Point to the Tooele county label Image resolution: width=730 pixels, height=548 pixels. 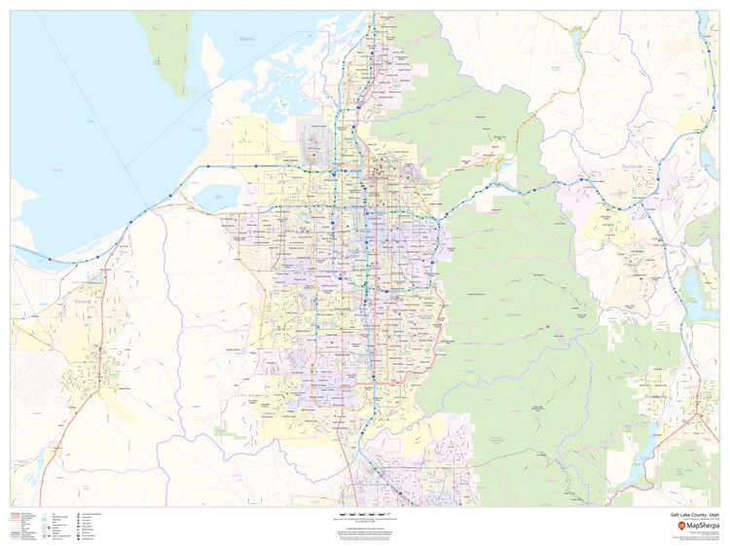[x=81, y=301]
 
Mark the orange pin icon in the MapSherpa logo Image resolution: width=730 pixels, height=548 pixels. [x=681, y=526]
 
